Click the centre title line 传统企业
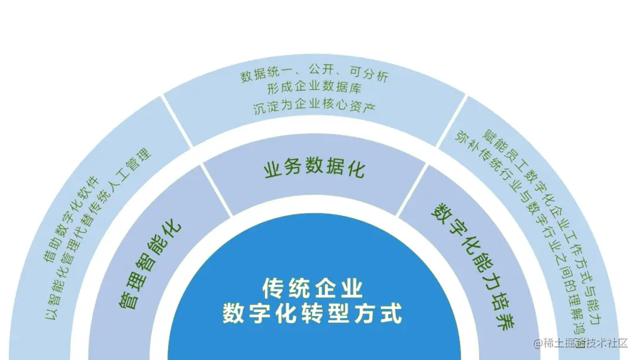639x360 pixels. tap(312, 289)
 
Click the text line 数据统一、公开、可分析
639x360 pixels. tap(314, 76)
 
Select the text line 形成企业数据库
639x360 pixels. tap(314, 91)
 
